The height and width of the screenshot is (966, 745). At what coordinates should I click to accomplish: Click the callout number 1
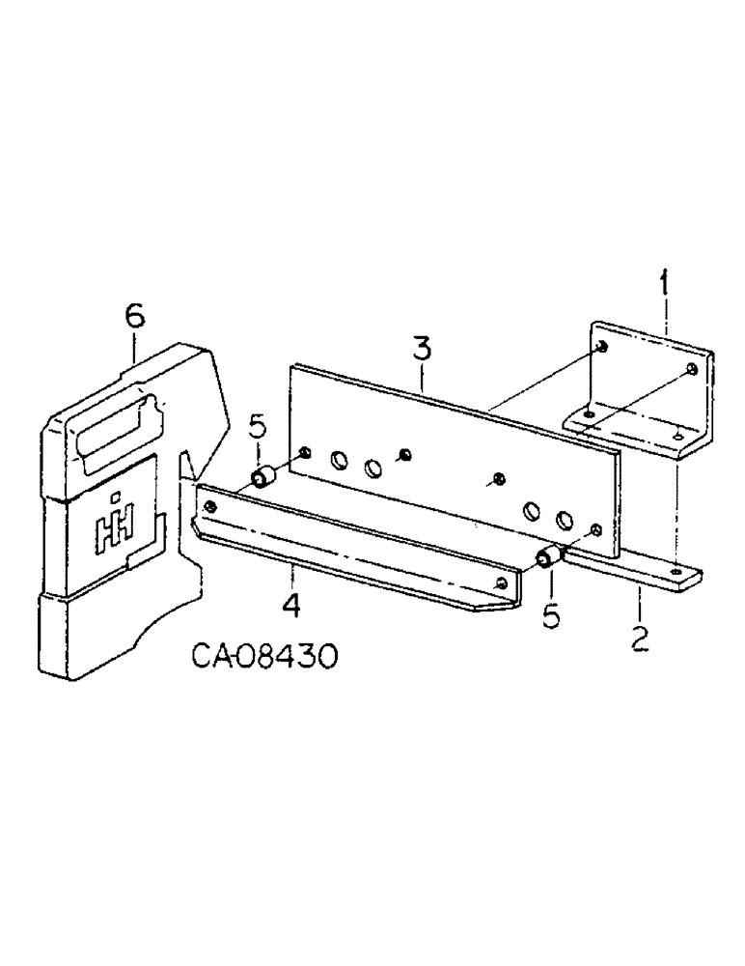click(663, 285)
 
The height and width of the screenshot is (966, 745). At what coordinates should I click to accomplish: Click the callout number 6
click(134, 315)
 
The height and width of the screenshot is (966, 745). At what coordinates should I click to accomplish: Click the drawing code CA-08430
click(262, 659)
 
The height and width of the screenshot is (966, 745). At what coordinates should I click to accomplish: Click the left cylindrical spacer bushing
click(262, 477)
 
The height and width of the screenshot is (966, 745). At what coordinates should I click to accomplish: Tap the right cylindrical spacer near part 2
click(550, 557)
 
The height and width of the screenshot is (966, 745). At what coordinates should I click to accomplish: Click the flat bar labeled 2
click(637, 572)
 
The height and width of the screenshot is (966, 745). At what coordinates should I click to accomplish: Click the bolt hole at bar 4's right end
click(502, 583)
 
